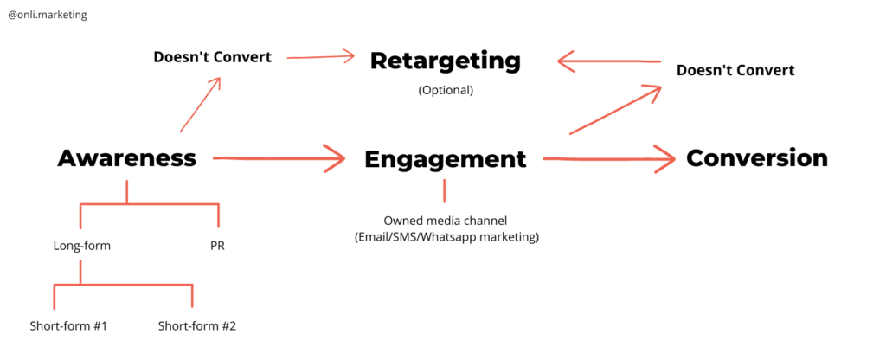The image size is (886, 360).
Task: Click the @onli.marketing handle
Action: [x=47, y=15]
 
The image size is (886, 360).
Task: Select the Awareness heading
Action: [x=127, y=158]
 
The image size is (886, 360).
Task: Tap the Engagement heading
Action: [x=445, y=159]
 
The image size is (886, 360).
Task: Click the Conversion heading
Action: [x=756, y=158]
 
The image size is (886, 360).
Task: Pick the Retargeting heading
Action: [x=445, y=61]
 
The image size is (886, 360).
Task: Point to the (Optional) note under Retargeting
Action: [x=445, y=90]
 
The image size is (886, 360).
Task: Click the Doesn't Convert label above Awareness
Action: [x=212, y=57]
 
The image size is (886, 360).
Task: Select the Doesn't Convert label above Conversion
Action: [x=735, y=69]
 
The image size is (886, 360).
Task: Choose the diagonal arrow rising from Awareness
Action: [x=200, y=105]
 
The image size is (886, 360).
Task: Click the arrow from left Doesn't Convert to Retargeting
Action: [x=320, y=57]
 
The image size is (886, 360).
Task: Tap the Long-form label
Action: [x=81, y=246]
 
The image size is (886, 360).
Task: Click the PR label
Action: [x=217, y=246]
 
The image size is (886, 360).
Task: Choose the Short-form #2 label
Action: [x=197, y=326]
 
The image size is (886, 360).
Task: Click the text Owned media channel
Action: [x=445, y=221]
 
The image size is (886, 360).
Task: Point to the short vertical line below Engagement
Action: [x=445, y=190]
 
